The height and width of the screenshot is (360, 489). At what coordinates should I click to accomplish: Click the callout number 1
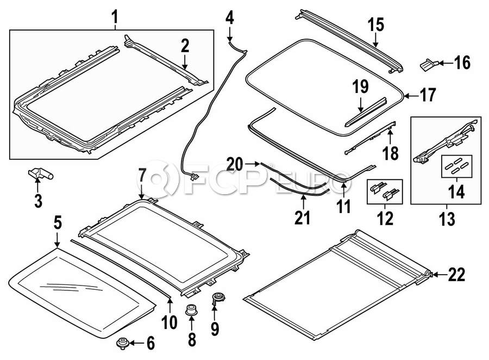coord(115,17)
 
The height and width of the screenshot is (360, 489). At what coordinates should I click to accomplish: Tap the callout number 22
coord(457,275)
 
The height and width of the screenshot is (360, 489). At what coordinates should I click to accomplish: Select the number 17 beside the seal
coord(428,95)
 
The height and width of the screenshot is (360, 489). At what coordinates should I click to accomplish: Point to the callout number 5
coord(58,222)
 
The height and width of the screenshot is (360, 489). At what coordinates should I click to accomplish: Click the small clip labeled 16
coord(429,65)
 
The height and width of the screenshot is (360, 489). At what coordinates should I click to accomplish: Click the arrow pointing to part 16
coord(446,64)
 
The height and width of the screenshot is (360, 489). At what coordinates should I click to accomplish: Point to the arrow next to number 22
coord(440,275)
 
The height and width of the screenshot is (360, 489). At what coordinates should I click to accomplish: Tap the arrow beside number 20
coord(252,163)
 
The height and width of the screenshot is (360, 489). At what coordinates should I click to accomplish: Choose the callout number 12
coord(385,218)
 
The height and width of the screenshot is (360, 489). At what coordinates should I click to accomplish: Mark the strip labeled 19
coord(366,113)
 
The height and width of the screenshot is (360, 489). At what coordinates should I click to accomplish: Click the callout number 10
coord(170,322)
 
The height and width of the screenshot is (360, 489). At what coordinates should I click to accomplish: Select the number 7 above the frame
coord(142,176)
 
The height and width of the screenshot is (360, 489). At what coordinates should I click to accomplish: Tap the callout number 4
coord(229,18)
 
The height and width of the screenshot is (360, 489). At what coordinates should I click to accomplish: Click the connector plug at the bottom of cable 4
coord(193,177)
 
